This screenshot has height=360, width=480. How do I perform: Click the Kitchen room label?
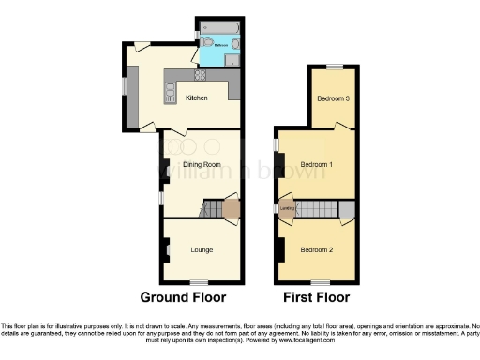(x=196, y=97)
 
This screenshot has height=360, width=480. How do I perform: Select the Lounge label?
(x=201, y=249)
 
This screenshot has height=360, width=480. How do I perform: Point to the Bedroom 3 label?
(x=333, y=98)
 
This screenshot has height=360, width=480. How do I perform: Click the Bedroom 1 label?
(x=317, y=164)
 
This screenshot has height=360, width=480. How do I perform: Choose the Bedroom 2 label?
(x=317, y=249)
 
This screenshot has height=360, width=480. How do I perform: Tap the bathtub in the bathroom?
(x=219, y=24)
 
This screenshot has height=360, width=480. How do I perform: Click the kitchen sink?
(x=171, y=92)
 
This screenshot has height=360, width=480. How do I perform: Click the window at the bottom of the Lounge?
(x=198, y=282)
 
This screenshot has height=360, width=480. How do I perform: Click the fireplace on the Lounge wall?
(x=167, y=248)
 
